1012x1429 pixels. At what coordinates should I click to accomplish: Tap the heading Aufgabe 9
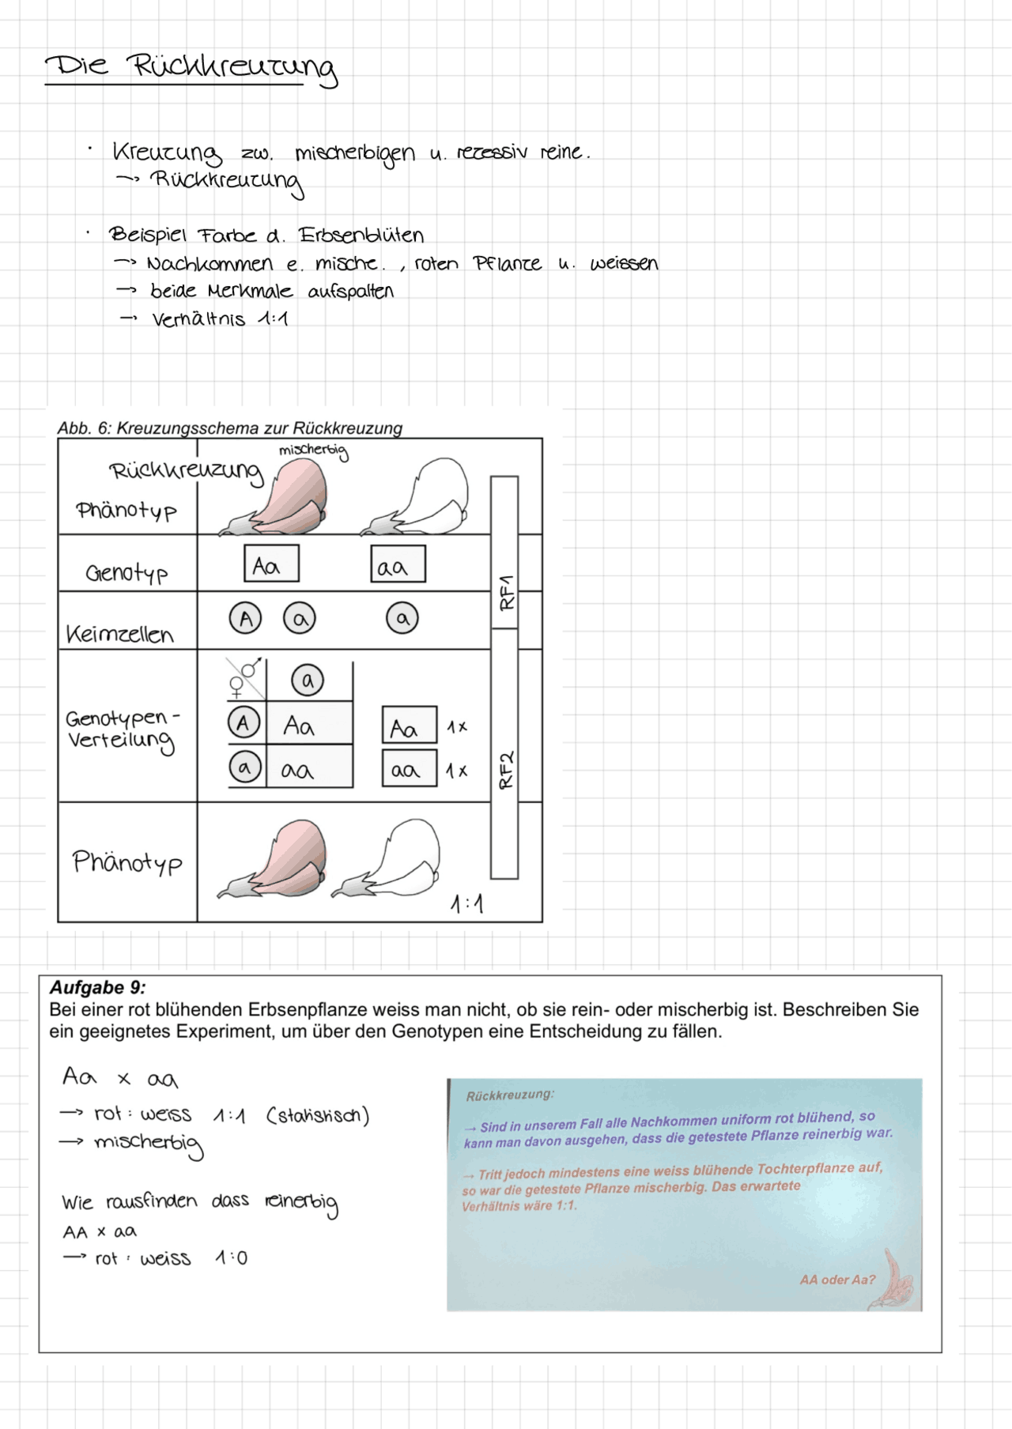click(x=97, y=988)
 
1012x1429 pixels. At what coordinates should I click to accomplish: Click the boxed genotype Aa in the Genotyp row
click(x=271, y=564)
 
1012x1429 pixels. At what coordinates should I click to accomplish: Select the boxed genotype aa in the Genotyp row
click(x=398, y=564)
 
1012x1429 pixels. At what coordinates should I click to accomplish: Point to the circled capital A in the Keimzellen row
click(x=245, y=618)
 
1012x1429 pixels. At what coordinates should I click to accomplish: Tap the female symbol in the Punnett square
click(x=236, y=687)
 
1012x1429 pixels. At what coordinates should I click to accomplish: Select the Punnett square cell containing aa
click(x=309, y=768)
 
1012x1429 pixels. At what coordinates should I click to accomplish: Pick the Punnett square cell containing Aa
click(x=309, y=725)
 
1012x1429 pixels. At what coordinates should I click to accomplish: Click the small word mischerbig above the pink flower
click(x=313, y=451)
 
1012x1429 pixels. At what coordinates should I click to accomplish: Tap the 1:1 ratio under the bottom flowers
click(x=466, y=903)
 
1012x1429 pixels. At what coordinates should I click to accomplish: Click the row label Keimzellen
click(x=119, y=635)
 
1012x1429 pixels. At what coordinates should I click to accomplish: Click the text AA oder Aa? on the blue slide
click(x=837, y=1280)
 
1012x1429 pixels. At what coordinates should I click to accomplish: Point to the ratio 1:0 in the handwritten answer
click(x=231, y=1258)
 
